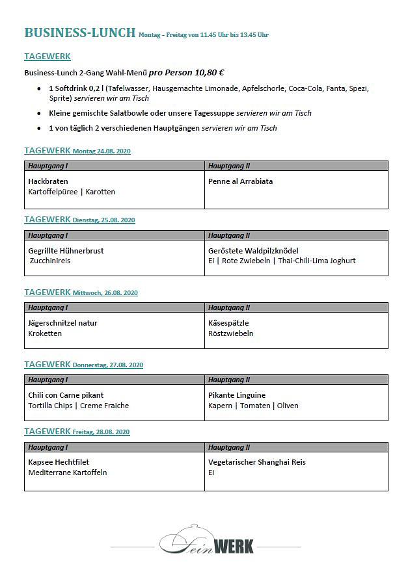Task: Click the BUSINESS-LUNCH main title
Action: click(79, 32)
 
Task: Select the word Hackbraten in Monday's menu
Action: click(48, 181)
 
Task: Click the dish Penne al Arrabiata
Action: click(240, 181)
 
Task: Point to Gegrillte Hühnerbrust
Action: click(66, 250)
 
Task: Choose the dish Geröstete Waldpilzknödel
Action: click(253, 250)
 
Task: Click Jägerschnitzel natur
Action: click(62, 323)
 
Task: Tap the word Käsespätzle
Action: click(228, 323)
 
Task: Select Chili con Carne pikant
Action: click(66, 395)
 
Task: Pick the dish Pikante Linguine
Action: click(237, 395)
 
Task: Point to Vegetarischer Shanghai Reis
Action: click(257, 462)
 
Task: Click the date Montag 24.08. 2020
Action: click(102, 151)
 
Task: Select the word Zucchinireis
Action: click(50, 261)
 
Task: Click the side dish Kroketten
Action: click(45, 333)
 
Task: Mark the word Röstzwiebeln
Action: click(230, 333)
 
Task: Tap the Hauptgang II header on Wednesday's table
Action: click(229, 307)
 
